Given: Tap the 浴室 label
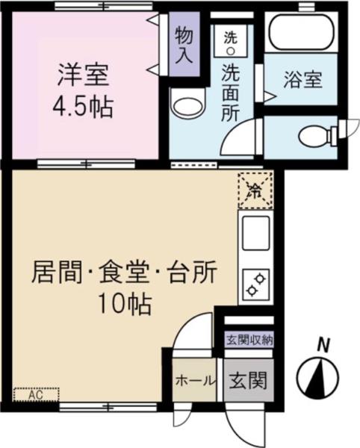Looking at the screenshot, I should (302, 80).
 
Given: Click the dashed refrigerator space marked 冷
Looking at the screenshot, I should (255, 190).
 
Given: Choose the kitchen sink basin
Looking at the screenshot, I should (255, 237).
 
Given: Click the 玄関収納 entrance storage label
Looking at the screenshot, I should (249, 340).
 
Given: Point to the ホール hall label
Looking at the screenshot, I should (196, 380).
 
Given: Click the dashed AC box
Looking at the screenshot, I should (37, 393).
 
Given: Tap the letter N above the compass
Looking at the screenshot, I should (323, 345).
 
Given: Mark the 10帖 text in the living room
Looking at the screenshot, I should (124, 304).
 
